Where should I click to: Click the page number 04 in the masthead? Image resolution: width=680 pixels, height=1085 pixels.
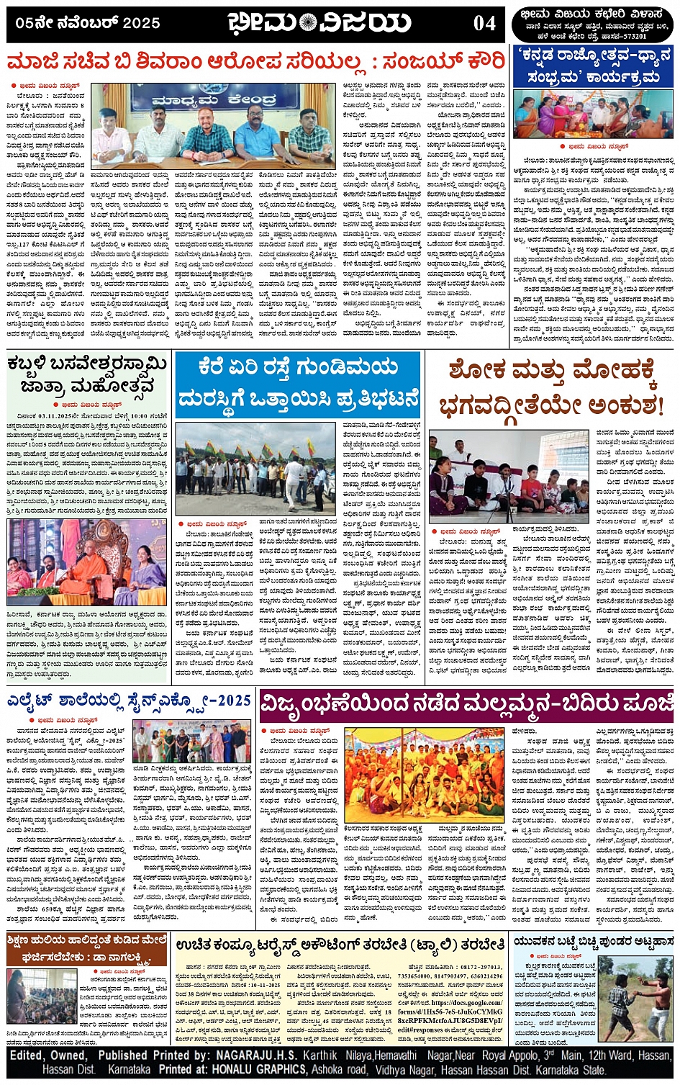click(484, 24)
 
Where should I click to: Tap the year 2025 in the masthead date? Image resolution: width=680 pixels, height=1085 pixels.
click(141, 23)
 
